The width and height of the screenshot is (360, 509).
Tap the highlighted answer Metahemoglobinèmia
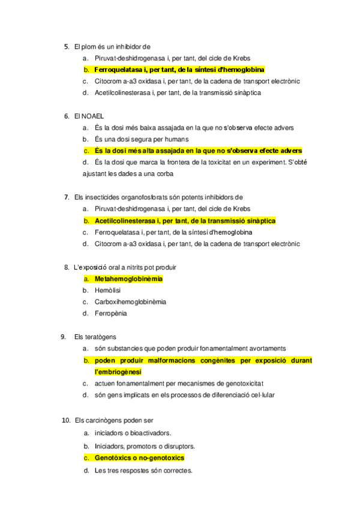coord(128,279)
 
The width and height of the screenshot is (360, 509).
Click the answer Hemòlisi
coord(107,290)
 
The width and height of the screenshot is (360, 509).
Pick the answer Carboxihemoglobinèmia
coord(130,301)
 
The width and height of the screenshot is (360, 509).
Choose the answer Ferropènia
coord(110,313)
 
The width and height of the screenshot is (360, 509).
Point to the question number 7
coord(66,197)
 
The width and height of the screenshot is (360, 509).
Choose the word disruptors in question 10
coord(177,446)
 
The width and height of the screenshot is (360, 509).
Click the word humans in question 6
coord(155,139)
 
